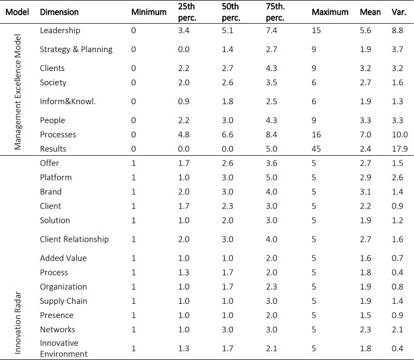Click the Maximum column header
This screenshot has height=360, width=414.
click(x=329, y=12)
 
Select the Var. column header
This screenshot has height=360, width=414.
click(x=397, y=12)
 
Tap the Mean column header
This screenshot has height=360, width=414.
click(x=370, y=12)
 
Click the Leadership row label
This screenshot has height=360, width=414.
click(x=60, y=30)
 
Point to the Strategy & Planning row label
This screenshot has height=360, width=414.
click(x=76, y=49)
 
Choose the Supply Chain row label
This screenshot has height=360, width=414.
click(x=63, y=301)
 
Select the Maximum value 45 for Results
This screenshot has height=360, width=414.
click(x=316, y=149)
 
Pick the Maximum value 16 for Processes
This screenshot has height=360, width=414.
click(x=316, y=134)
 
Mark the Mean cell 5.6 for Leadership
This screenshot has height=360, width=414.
click(x=366, y=30)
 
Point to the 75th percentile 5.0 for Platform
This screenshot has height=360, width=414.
click(x=272, y=177)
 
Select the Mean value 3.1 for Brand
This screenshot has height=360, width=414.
click(x=366, y=191)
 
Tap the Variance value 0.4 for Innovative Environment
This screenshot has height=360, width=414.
click(x=397, y=348)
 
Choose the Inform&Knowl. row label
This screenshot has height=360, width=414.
click(x=67, y=101)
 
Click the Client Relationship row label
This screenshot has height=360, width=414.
click(x=74, y=239)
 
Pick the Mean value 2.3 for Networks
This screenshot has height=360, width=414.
click(x=366, y=329)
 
